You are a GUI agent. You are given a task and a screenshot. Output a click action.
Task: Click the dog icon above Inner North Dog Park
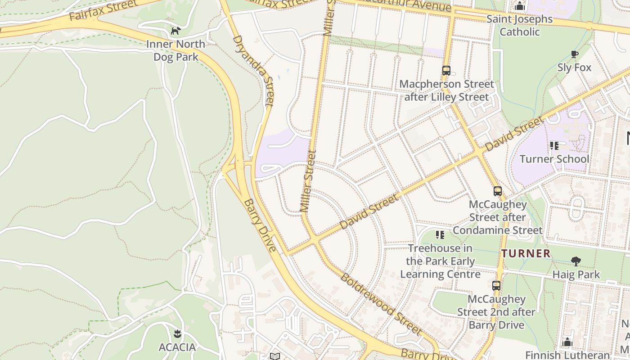tap(175, 31)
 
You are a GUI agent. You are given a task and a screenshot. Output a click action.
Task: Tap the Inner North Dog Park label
tap(175, 50)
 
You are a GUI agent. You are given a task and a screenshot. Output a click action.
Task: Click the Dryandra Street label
tap(253, 71)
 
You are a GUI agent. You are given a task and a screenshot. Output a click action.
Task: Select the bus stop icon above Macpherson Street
tap(446, 71)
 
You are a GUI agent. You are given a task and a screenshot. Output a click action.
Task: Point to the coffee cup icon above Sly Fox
tap(574, 54)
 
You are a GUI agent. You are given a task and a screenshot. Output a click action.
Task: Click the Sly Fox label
tap(574, 67)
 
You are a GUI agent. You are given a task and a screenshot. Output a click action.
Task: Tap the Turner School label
tap(554, 159)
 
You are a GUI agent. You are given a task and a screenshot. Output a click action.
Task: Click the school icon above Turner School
tap(554, 145)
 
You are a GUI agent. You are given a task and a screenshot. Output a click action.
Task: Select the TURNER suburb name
tap(526, 253)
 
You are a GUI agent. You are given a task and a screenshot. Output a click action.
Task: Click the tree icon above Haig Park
tap(576, 261)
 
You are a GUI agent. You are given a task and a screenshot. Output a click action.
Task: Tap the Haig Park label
tap(576, 274)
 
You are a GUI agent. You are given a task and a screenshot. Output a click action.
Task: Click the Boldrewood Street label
tap(381, 304)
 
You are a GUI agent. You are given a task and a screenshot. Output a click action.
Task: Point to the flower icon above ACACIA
tap(177, 334)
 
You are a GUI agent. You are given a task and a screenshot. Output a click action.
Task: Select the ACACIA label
tap(177, 347)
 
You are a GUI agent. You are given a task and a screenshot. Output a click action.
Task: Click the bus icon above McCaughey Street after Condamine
tap(497, 191)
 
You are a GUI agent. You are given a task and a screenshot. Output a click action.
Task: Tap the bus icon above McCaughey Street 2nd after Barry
tap(496, 286)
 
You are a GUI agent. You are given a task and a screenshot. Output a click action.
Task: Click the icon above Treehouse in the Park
tap(440, 234)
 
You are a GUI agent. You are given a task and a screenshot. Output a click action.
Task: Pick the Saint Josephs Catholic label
tap(520, 25)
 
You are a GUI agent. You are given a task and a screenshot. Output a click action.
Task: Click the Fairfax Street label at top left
tap(103, 10)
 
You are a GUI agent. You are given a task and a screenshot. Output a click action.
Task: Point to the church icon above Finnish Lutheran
tap(567, 342)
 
